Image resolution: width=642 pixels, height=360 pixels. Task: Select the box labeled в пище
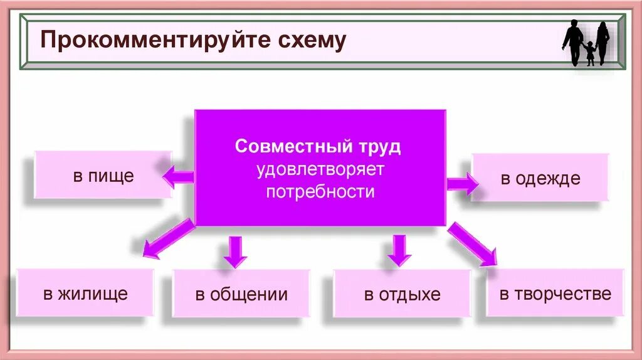(103, 176)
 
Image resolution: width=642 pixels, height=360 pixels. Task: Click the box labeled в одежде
(540, 178)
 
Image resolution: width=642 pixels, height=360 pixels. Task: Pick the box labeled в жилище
(85, 293)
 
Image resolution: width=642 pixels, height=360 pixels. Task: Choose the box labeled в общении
(241, 294)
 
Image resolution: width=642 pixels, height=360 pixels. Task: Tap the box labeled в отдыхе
(402, 294)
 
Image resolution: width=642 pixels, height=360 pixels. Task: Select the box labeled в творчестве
(555, 293)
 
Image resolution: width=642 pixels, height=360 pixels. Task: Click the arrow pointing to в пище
(178, 177)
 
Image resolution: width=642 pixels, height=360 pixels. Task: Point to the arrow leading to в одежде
(462, 183)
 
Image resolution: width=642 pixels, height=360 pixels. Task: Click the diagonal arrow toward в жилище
(167, 238)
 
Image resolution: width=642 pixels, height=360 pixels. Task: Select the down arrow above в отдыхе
(399, 250)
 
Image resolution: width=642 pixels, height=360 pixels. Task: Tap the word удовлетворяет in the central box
(320, 169)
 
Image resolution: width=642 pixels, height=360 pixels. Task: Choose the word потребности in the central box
(320, 191)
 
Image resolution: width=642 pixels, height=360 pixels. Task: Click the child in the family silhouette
(589, 53)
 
